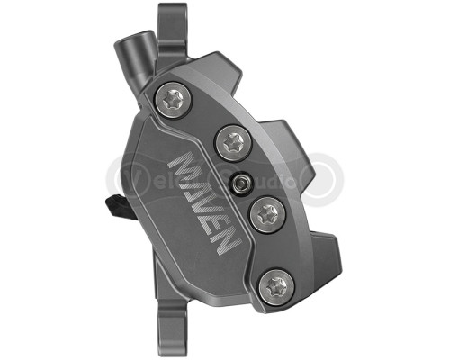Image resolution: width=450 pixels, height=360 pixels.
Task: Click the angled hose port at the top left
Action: coord(135,52)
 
